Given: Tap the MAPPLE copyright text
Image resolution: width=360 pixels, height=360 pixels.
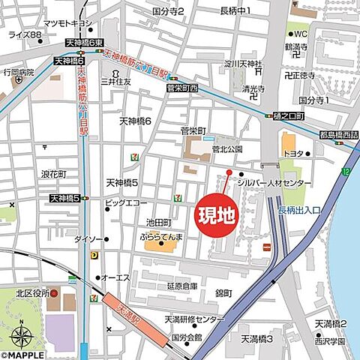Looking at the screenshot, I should click(22, 335).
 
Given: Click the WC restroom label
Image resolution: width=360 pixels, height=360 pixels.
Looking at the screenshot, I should click(301, 34).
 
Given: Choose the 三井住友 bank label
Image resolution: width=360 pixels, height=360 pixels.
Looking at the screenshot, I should click(118, 81).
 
